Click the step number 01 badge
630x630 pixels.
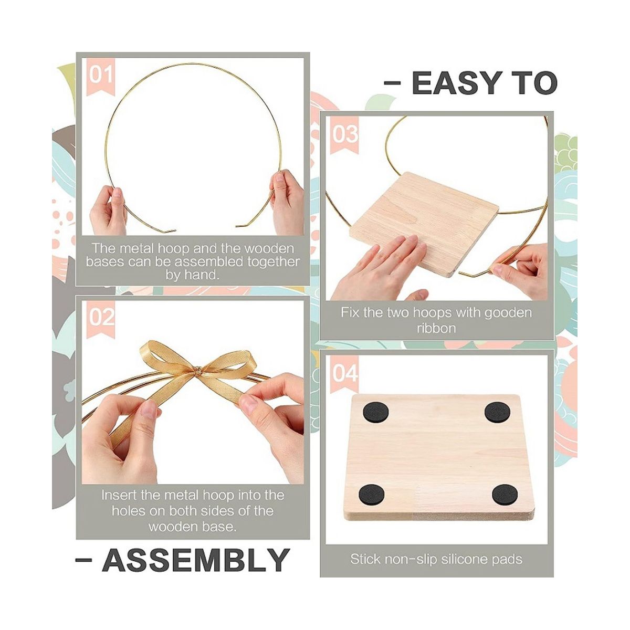[x=100, y=77]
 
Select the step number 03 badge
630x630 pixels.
[x=344, y=135]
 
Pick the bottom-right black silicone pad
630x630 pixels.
[x=505, y=495]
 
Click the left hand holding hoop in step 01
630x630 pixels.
[x=108, y=210]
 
